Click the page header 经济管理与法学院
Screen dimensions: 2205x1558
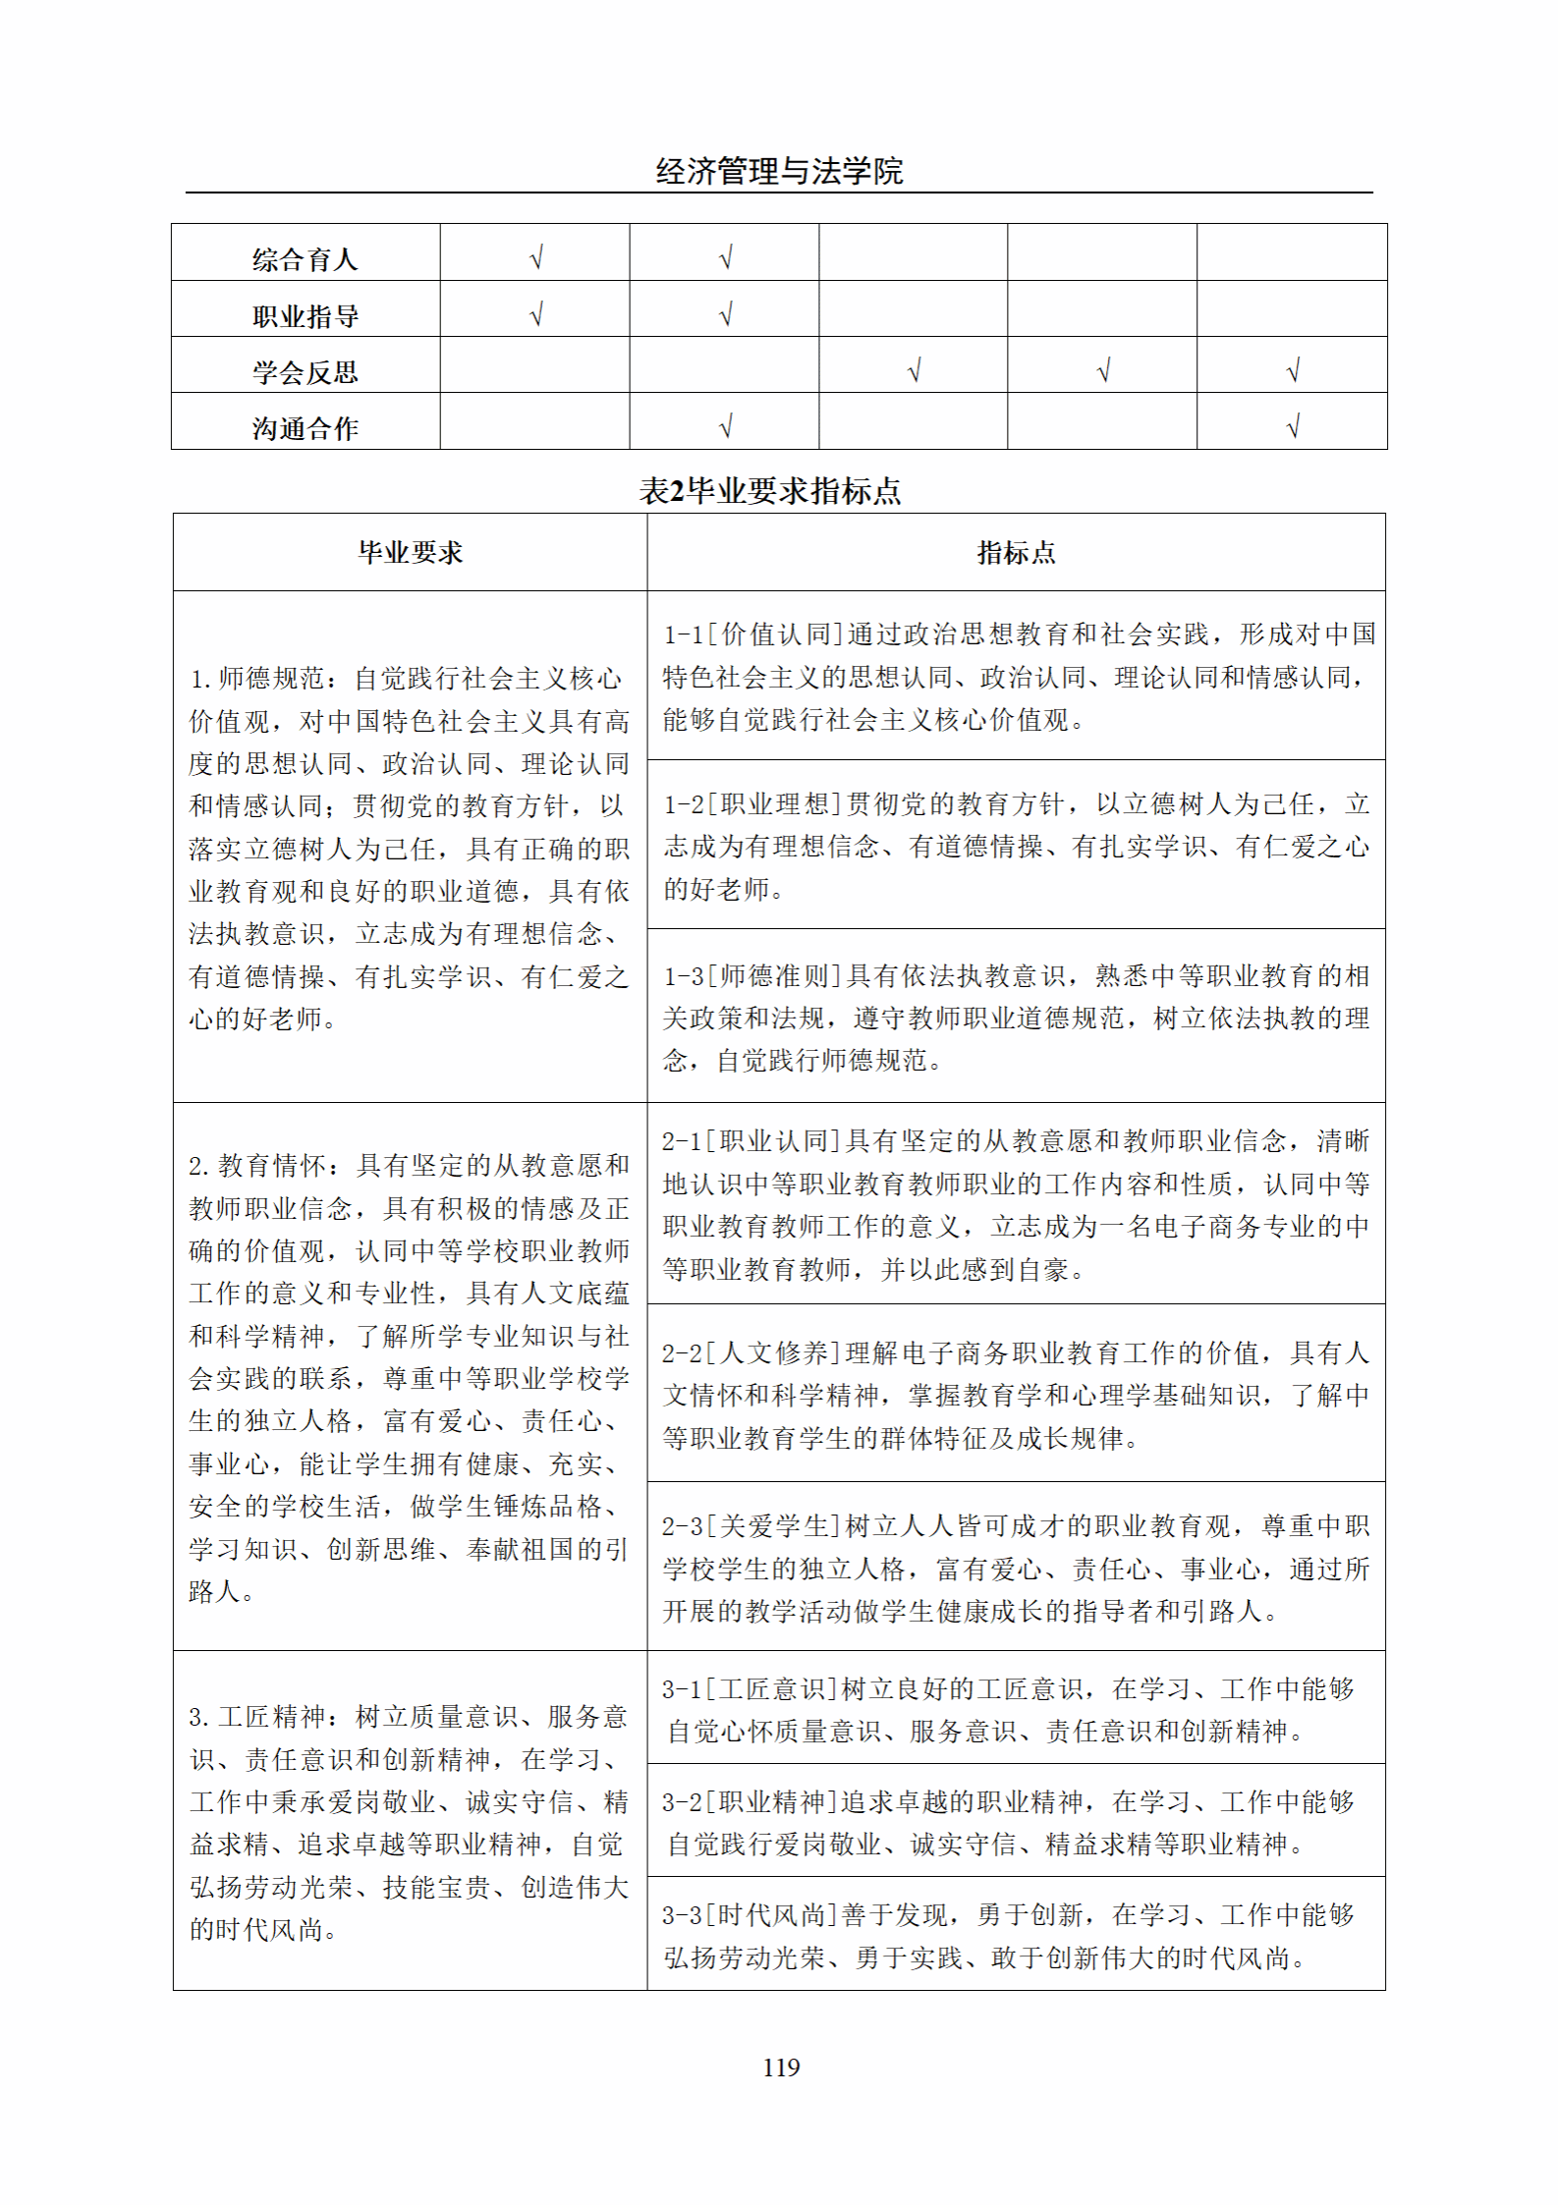tap(779, 172)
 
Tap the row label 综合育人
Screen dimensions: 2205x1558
tap(305, 259)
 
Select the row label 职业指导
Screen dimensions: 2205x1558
tap(305, 316)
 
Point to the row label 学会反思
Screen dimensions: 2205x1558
tap(305, 372)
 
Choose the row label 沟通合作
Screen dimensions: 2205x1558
tap(305, 428)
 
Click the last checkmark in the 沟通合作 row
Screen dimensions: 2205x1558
tap(1293, 426)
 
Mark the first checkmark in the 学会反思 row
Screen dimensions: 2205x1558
tap(914, 370)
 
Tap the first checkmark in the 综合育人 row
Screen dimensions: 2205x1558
tap(535, 257)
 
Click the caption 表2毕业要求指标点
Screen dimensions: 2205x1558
tap(770, 491)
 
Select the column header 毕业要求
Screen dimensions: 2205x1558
tap(410, 553)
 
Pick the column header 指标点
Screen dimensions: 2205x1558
tap(1016, 553)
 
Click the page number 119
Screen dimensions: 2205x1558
tap(781, 2067)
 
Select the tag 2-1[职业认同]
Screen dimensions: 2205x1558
tap(752, 1141)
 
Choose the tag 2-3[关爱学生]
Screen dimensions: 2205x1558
tap(751, 1526)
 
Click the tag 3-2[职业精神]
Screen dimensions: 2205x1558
tap(750, 1801)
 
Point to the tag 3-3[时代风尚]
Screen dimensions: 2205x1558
tap(750, 1914)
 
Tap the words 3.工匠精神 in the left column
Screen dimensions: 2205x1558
tap(256, 1716)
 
